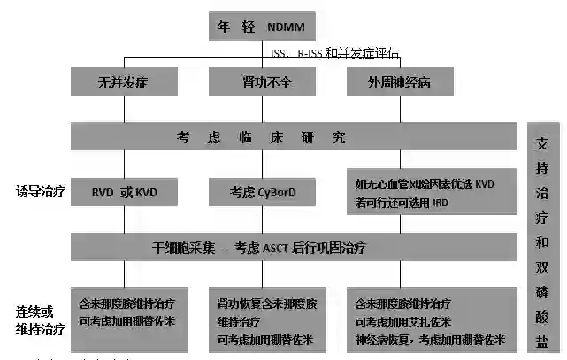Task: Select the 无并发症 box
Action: pos(124,82)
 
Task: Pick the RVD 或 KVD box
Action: pos(124,191)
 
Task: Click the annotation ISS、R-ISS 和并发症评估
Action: pos(336,54)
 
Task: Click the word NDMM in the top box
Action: pos(287,27)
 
